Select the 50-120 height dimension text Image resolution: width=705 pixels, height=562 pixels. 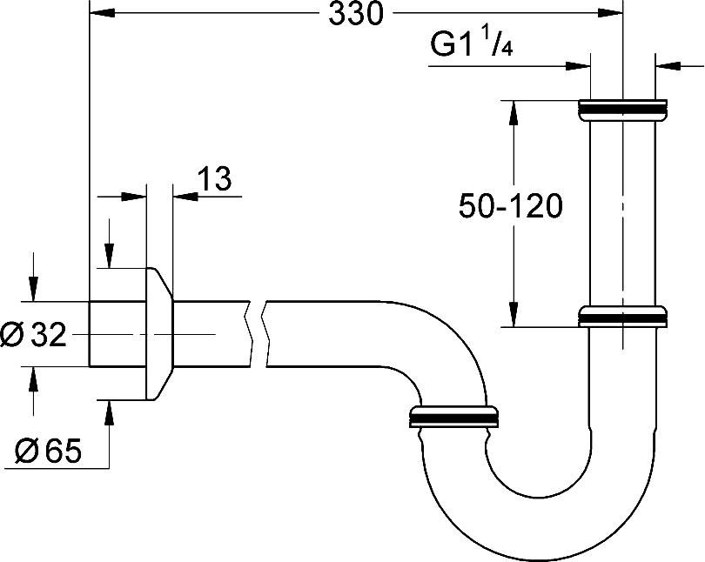click(x=511, y=206)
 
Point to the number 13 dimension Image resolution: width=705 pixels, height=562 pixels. click(x=214, y=178)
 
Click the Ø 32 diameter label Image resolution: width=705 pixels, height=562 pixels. click(x=33, y=335)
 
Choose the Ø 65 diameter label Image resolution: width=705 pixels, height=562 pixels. click(x=48, y=451)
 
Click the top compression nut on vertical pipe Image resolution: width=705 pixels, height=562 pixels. click(x=622, y=110)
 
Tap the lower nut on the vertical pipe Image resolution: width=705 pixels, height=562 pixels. click(x=622, y=317)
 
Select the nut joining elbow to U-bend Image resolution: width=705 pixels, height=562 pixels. click(x=453, y=417)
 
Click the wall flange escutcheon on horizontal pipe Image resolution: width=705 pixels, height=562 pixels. click(x=159, y=334)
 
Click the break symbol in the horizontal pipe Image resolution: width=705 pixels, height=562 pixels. click(x=258, y=334)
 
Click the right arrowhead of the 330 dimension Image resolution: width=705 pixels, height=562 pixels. click(x=611, y=13)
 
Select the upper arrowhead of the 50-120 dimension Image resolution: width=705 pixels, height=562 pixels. click(x=513, y=113)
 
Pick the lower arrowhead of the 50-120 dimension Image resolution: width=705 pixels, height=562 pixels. click(x=513, y=314)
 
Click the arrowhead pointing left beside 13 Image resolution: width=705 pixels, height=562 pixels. click(x=185, y=197)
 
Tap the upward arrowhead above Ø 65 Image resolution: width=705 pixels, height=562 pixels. click(x=108, y=413)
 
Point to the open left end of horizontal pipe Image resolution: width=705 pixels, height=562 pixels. click(x=90, y=334)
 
